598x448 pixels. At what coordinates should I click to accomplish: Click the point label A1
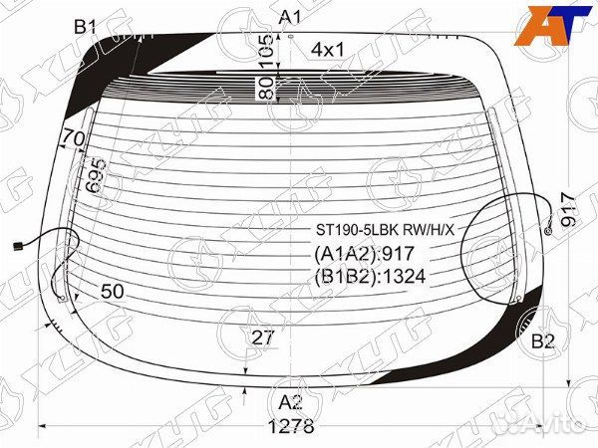(290, 18)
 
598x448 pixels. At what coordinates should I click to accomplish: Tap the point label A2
(291, 402)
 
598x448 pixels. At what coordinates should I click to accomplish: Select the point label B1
(85, 27)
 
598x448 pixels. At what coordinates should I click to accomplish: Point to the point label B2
(543, 341)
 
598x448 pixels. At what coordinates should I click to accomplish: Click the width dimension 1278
(291, 426)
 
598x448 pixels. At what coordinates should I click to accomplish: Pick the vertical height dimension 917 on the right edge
(568, 209)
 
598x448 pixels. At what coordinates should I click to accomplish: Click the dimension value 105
(267, 51)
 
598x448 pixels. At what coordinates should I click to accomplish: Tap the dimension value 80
(267, 88)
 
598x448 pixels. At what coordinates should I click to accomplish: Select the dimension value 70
(74, 138)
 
